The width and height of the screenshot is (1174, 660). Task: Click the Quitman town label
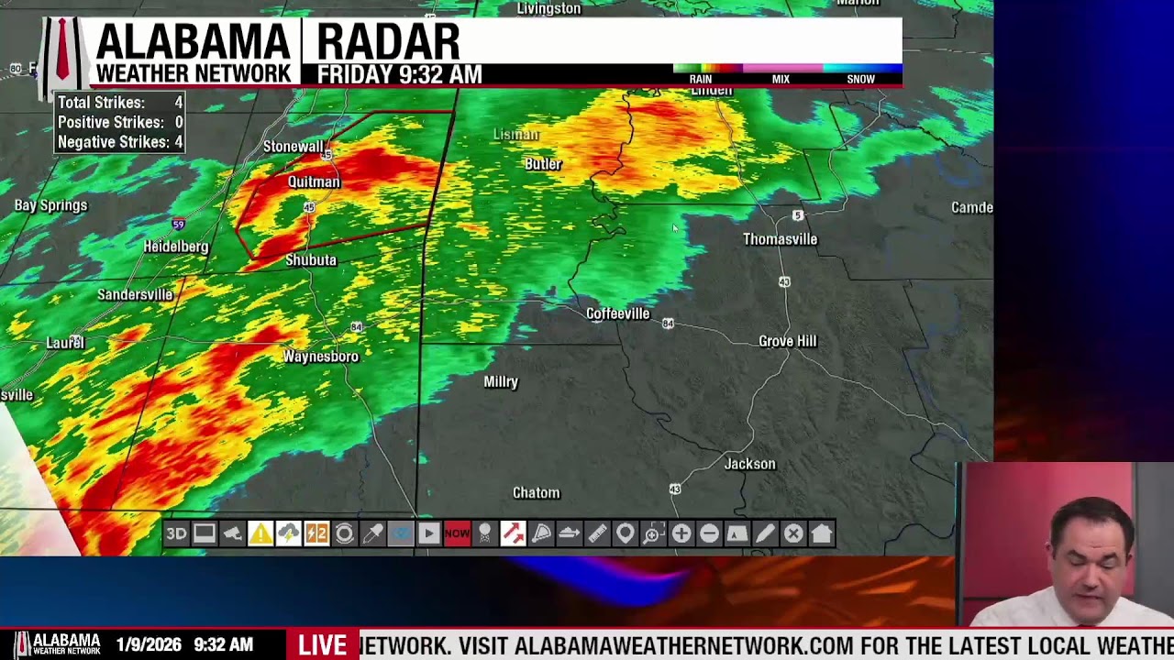(x=314, y=181)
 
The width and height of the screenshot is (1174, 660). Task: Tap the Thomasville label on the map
(x=780, y=239)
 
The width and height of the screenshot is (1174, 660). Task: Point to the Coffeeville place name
(x=617, y=313)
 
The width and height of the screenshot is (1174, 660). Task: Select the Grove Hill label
(x=787, y=341)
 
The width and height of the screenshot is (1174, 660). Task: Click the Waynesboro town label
(x=320, y=357)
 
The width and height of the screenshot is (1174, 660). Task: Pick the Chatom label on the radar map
(x=536, y=493)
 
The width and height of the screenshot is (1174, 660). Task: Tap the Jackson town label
(x=749, y=464)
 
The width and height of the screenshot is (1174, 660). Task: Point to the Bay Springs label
(x=50, y=205)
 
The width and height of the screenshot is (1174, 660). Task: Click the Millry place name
(x=501, y=381)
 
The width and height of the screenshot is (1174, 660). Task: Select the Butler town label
(x=542, y=164)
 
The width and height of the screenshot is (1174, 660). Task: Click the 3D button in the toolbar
(x=176, y=533)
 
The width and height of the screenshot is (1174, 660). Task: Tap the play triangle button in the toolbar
(x=428, y=533)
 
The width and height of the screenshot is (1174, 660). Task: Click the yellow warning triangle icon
(x=260, y=533)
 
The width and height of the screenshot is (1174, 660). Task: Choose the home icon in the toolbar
(x=821, y=533)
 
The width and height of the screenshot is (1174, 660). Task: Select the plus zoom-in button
(x=681, y=533)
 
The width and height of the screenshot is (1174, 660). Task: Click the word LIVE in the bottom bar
(x=322, y=645)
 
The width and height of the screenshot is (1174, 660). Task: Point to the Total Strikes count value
(x=178, y=103)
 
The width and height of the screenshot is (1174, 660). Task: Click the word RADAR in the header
(x=388, y=42)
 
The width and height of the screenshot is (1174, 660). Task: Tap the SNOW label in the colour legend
(x=860, y=79)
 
